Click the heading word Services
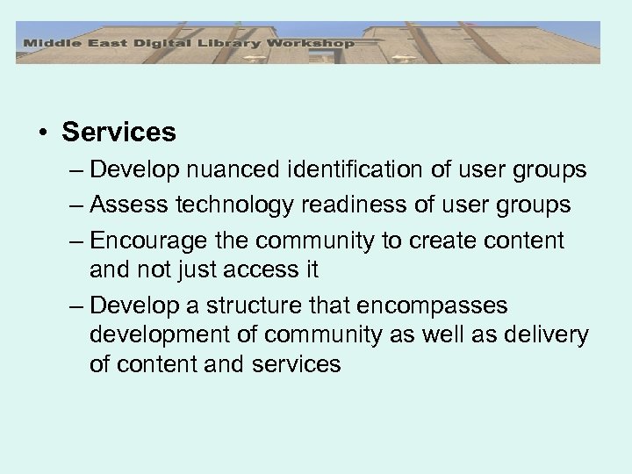pyautogui.click(x=118, y=133)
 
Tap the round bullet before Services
pyautogui.click(x=43, y=133)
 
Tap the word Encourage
pyautogui.click(x=149, y=240)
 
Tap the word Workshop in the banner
pyautogui.click(x=314, y=43)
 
